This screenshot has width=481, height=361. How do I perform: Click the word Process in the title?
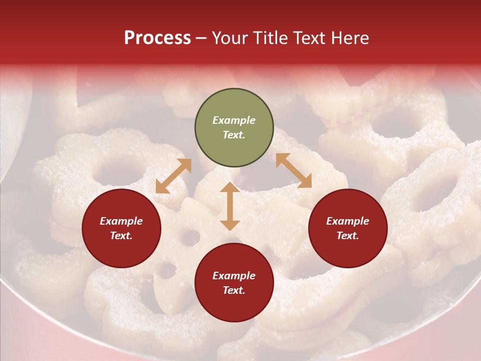tap(157, 38)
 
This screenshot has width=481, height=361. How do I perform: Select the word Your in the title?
tap(230, 38)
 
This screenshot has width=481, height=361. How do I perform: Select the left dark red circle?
tap(121, 228)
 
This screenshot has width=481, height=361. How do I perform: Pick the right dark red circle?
tap(348, 228)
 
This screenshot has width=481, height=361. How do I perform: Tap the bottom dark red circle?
tap(234, 283)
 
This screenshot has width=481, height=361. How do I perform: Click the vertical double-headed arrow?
tap(230, 206)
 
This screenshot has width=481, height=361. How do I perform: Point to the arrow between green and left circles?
tap(173, 176)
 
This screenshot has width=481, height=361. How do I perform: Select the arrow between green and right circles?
tap(294, 170)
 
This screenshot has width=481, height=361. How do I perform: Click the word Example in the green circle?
tap(234, 120)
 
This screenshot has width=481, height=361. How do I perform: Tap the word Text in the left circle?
tap(121, 236)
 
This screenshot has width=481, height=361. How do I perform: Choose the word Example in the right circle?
tap(348, 221)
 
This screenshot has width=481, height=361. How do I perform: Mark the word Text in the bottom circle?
tap(234, 290)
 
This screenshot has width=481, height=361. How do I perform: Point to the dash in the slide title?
tap(201, 39)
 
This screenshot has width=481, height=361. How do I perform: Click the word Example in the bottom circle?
tap(234, 276)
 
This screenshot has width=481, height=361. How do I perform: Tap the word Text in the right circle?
tap(348, 236)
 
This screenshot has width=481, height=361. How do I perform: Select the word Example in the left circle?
tap(121, 221)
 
